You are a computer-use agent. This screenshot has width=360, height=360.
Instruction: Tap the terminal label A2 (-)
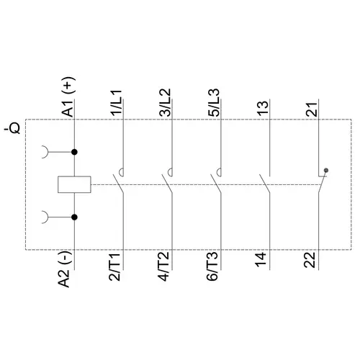pyautogui.click(x=65, y=269)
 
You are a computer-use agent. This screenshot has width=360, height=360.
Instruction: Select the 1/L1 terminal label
pyautogui.click(x=117, y=104)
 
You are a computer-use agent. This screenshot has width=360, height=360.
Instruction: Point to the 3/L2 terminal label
pyautogui.click(x=166, y=103)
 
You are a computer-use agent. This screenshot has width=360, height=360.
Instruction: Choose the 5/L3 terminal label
pyautogui.click(x=214, y=103)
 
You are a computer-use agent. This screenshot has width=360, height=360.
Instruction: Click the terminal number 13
pyautogui.click(x=263, y=108)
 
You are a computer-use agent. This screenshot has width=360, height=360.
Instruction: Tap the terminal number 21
pyautogui.click(x=312, y=109)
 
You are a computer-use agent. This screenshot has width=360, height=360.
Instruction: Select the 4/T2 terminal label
pyautogui.click(x=163, y=266)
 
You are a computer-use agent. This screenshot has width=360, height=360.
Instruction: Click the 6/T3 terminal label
pyautogui.click(x=212, y=266)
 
